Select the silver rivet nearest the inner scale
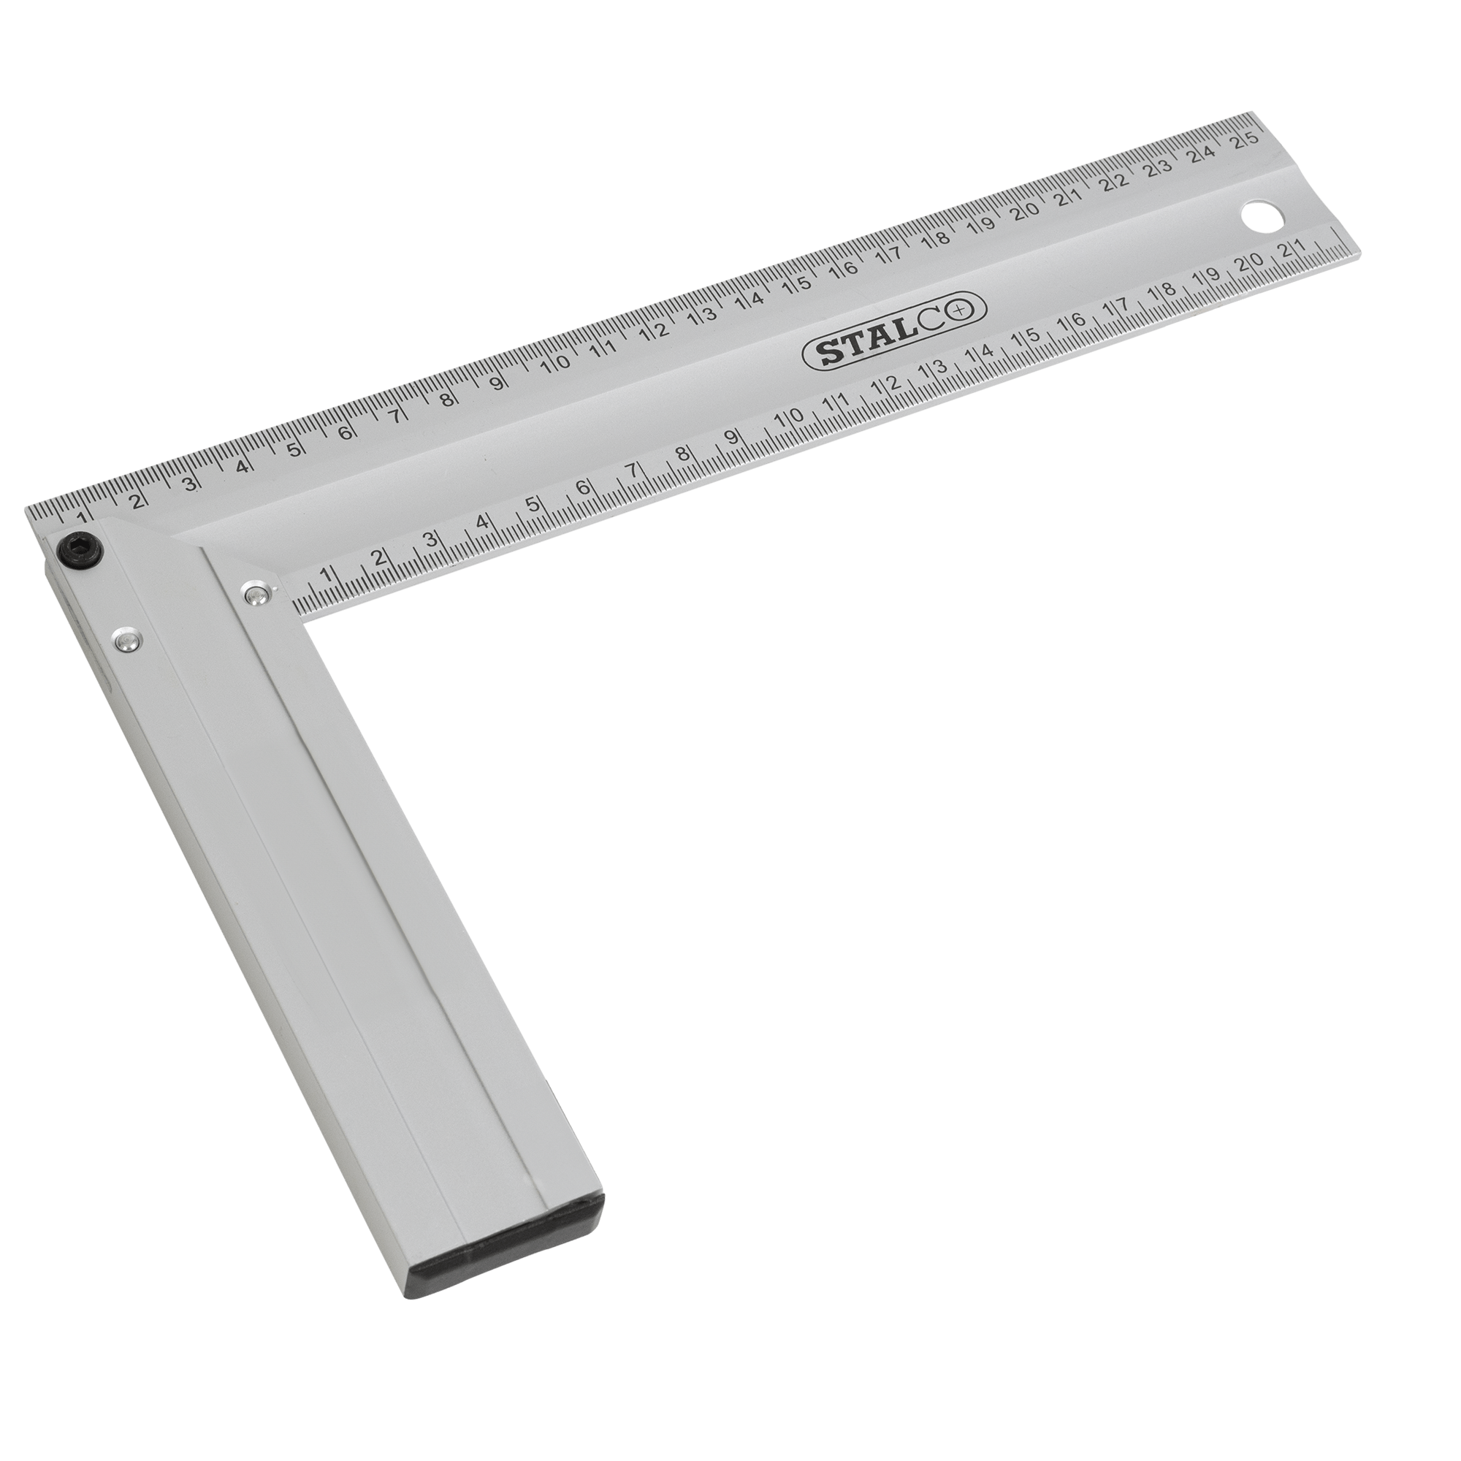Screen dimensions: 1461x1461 (258, 593)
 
